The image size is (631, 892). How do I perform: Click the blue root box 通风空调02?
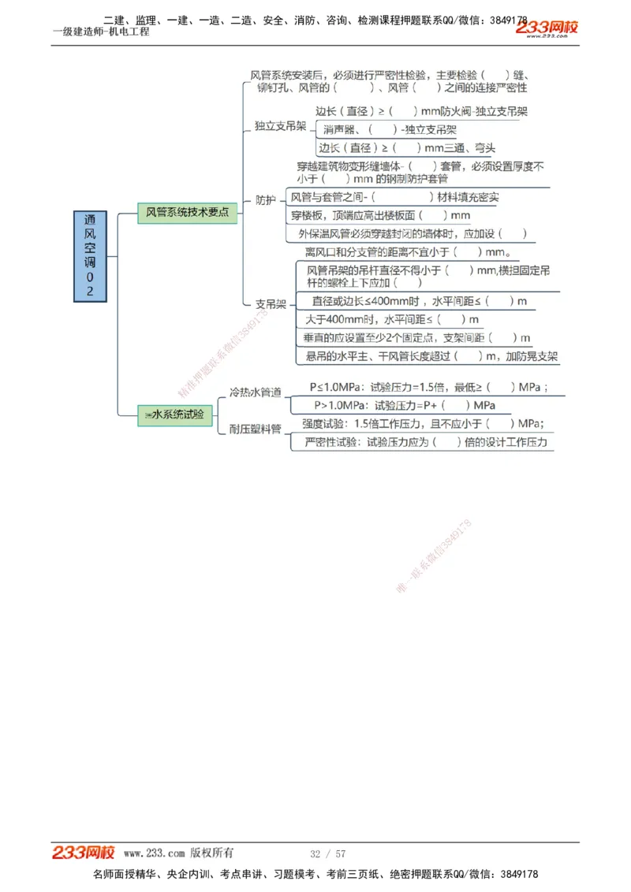(90, 256)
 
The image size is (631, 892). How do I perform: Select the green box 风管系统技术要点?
(187, 213)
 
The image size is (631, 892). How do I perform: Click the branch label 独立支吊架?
(281, 126)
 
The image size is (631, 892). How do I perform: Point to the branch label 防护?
(266, 200)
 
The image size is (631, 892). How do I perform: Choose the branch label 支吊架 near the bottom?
(271, 303)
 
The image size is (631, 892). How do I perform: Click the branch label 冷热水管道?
(255, 392)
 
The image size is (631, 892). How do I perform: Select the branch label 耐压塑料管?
(255, 429)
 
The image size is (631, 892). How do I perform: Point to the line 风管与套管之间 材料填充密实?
(394, 197)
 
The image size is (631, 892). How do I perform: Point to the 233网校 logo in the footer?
(84, 853)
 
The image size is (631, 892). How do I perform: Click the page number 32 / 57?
(328, 853)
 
